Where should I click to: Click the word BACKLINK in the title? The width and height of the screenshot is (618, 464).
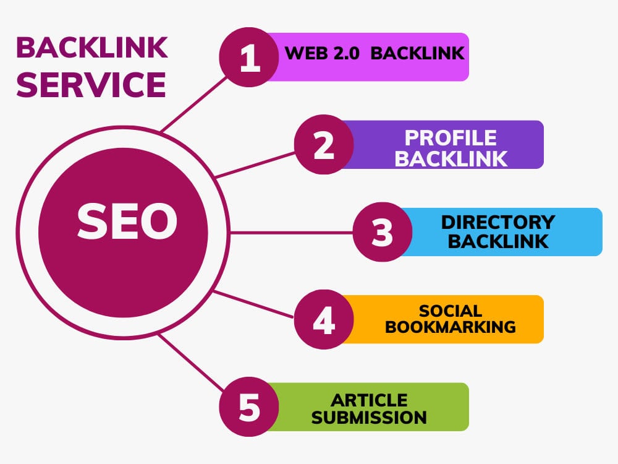[91, 48]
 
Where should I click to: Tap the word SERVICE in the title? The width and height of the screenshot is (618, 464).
[91, 85]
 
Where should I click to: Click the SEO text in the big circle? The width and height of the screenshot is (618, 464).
[127, 223]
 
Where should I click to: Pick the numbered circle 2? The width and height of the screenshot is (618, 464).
[324, 145]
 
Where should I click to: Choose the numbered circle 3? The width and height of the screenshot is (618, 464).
[383, 232]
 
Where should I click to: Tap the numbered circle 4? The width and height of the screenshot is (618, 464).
[324, 319]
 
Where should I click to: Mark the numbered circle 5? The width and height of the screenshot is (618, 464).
[250, 407]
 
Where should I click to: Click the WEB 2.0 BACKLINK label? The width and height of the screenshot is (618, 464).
[374, 53]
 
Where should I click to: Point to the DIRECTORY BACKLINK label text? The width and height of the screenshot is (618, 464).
[498, 231]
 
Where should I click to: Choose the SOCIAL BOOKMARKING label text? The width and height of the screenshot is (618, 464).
[450, 319]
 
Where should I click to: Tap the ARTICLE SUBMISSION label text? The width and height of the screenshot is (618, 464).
[369, 408]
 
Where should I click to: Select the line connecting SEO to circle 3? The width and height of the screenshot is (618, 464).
[290, 233]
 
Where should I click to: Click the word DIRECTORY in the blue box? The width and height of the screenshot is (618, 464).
[498, 222]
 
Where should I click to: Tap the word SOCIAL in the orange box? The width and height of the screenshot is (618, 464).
[450, 311]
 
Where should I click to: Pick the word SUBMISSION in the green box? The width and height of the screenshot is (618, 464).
[369, 417]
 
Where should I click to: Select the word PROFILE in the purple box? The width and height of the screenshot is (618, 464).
[451, 137]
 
